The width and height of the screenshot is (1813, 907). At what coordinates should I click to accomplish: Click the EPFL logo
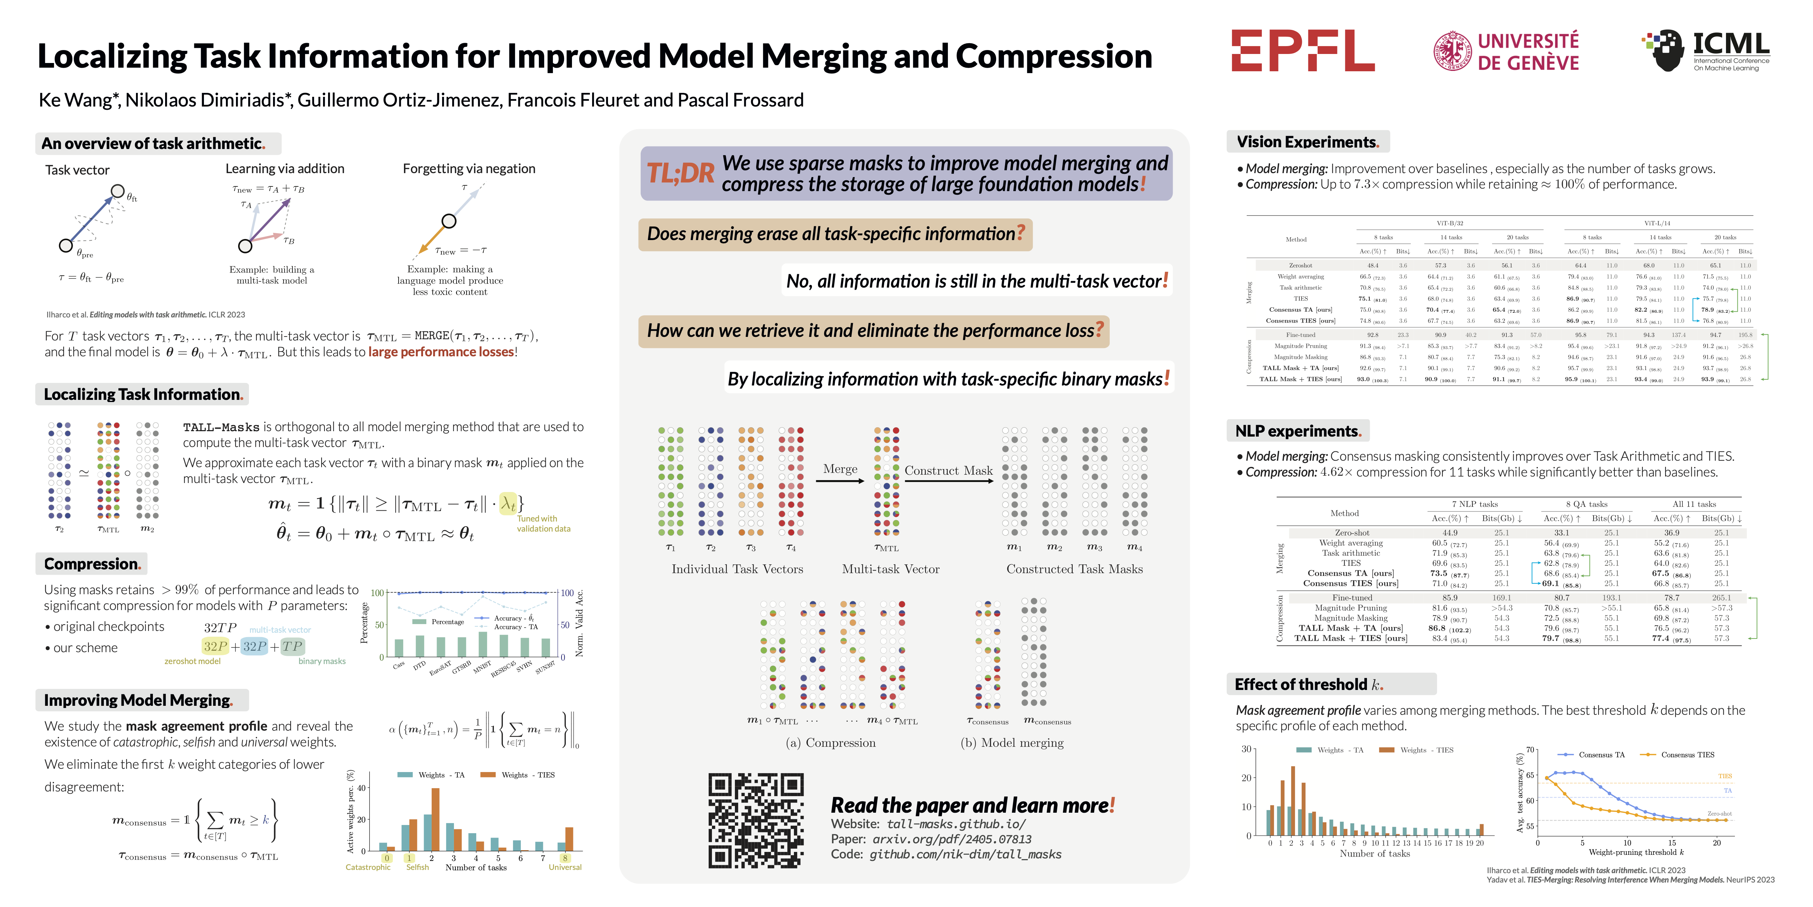coord(1302,51)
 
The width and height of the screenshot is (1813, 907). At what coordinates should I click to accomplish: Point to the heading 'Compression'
coord(91,564)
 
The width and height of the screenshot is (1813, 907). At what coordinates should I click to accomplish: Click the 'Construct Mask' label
coord(948,470)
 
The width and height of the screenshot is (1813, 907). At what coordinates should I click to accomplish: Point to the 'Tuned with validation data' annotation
coord(543,524)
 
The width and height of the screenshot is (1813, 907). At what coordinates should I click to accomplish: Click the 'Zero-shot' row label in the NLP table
coord(1351,533)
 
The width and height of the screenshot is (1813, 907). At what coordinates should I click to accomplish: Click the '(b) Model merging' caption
coord(1012,743)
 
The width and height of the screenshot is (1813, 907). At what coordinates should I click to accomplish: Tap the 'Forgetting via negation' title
coord(469,169)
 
